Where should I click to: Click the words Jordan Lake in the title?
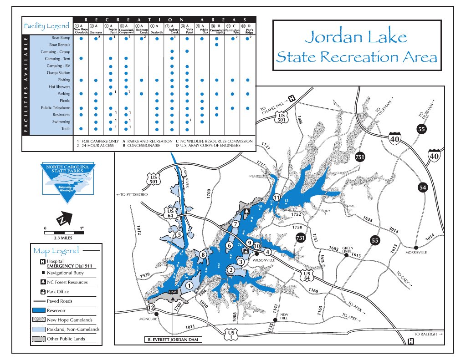[356, 37]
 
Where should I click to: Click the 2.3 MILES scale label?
[63, 238]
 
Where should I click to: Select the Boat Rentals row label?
[59, 45]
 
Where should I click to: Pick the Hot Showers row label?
[59, 86]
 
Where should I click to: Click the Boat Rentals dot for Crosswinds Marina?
[216, 45]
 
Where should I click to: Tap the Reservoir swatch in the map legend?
[39, 310]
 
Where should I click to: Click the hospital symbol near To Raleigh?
[411, 341]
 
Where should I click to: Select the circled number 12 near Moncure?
[151, 308]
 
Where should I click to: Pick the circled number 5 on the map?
[179, 235]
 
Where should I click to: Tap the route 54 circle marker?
[423, 187]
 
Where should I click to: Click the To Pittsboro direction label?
[133, 195]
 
